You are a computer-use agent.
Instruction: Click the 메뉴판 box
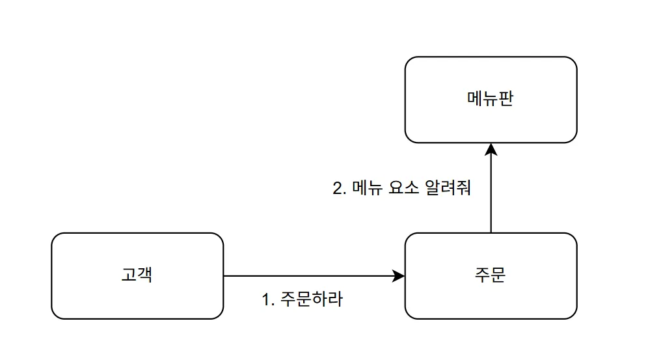[491, 100]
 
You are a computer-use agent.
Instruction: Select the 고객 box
[137, 275]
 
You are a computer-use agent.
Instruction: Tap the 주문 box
[491, 275]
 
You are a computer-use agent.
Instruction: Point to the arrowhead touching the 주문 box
[398, 275]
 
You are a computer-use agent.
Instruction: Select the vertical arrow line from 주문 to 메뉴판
[491, 188]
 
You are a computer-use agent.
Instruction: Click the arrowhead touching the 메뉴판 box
[491, 150]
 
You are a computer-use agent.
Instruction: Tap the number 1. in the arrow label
[268, 299]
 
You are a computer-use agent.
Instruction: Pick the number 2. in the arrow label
[340, 189]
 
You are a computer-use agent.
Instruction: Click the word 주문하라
[312, 299]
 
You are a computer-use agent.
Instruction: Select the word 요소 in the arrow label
[403, 188]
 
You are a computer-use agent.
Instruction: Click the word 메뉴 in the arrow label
[367, 188]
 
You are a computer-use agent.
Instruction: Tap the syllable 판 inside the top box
[506, 98]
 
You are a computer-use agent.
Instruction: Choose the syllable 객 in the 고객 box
[145, 275]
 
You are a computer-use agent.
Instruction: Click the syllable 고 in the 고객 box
[129, 275]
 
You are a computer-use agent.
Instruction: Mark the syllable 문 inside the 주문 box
[498, 275]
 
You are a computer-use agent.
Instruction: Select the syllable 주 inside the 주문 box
[482, 275]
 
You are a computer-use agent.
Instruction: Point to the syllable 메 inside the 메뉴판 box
[474, 98]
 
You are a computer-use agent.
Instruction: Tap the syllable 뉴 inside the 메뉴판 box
[490, 98]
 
